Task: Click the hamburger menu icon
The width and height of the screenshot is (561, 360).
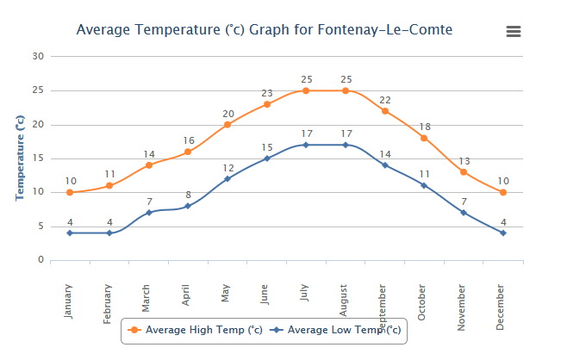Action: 514,31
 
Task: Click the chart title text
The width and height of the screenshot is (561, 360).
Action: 264,30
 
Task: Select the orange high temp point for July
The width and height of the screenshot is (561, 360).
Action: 306,90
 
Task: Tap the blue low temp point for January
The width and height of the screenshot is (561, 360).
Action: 70,233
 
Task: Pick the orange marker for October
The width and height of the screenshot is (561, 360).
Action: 424,138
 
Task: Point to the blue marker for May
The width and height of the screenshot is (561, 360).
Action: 228,179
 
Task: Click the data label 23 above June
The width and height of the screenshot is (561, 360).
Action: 267,93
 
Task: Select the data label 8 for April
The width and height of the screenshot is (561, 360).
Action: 188,195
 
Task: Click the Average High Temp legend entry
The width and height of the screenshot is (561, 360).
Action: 195,330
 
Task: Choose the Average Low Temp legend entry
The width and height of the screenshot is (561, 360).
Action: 335,330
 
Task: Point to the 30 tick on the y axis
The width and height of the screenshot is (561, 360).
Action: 37,56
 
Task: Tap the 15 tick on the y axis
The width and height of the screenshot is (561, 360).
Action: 37,158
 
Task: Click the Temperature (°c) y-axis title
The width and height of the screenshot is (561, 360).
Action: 20,158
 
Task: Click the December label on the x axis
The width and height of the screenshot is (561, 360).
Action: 502,305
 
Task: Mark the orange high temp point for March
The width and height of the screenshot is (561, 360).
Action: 149,165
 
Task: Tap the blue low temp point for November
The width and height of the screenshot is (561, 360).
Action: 464,213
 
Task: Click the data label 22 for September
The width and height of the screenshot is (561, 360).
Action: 385,100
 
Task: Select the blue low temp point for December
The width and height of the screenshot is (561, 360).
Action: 502,233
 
